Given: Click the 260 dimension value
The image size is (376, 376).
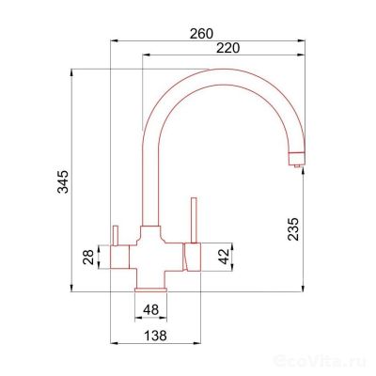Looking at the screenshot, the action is pos(201,34).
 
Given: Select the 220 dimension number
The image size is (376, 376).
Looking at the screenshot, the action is pos(228,48).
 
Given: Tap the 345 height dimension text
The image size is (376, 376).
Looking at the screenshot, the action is pos(62,181).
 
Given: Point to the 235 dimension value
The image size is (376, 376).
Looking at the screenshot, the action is pos(293,228).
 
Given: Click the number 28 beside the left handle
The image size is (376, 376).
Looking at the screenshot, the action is pos(88,257).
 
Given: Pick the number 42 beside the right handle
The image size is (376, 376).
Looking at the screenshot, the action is pos(224,257).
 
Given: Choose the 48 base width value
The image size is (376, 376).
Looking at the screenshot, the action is pos(150,310).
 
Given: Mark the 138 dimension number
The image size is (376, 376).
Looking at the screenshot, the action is pos(155,336).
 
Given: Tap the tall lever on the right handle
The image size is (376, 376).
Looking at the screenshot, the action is pos(194,220).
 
